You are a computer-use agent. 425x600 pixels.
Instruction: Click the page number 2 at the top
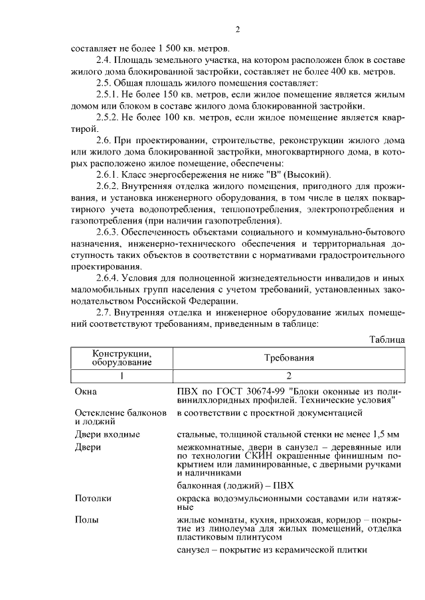(236, 29)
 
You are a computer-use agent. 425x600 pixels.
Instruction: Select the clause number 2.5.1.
(108, 95)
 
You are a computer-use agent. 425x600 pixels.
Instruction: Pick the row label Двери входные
(107, 434)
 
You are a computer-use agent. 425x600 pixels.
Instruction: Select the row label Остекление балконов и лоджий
(120, 416)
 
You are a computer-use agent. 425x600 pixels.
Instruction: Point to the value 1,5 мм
(385, 434)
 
